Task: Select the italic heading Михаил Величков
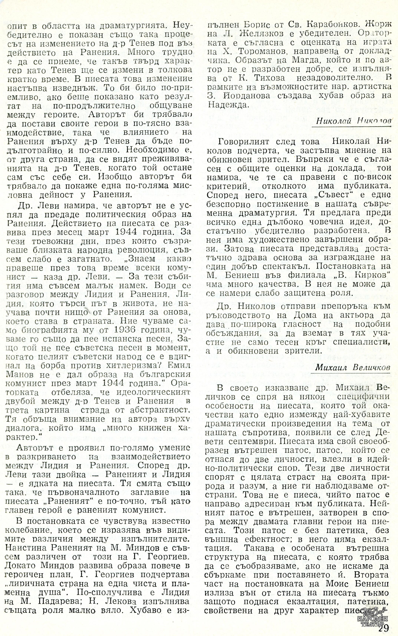(352, 368)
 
